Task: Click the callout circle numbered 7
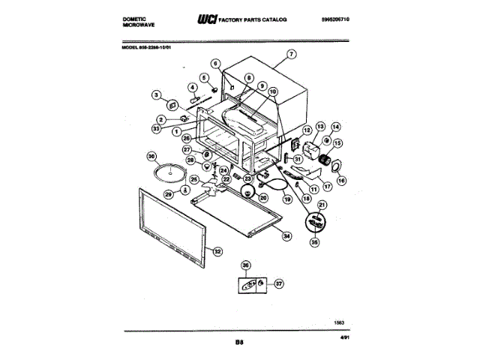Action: click(x=292, y=54)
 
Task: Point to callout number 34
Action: click(x=286, y=235)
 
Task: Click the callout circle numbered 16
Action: click(x=342, y=181)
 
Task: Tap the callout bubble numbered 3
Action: click(x=156, y=95)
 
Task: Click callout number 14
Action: click(x=335, y=127)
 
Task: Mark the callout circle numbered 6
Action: click(x=216, y=64)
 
